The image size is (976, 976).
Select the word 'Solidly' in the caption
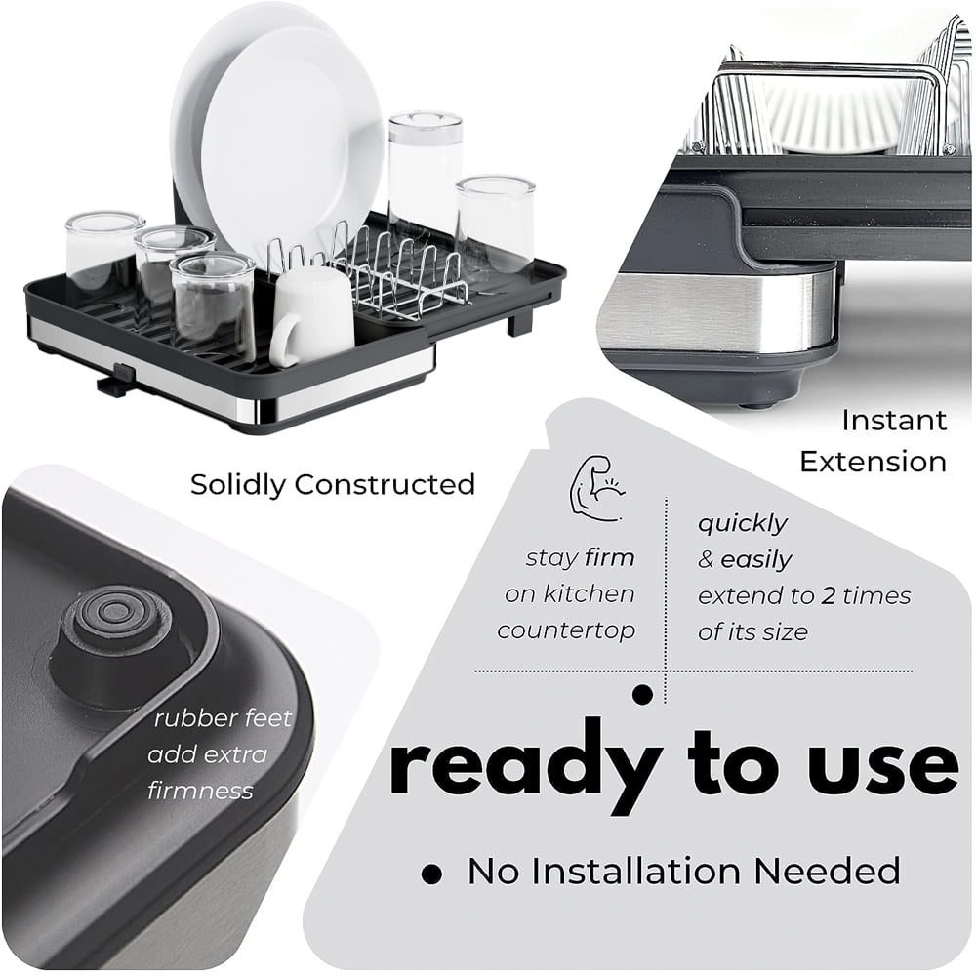coord(237,485)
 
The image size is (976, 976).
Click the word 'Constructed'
coord(385,485)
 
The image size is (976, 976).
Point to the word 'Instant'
coord(894,420)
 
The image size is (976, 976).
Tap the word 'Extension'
coord(873,462)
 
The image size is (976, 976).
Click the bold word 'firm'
coord(609,557)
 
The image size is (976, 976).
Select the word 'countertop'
coord(566,630)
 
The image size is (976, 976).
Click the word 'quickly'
coord(742,523)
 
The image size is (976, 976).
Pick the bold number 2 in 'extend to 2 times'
coord(828,595)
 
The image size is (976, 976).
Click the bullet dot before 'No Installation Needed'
coord(431,874)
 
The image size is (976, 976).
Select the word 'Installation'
coord(635,871)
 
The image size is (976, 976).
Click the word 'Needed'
coord(827,871)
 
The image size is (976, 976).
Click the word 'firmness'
coord(200,791)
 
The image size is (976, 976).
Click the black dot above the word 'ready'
coord(642,694)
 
